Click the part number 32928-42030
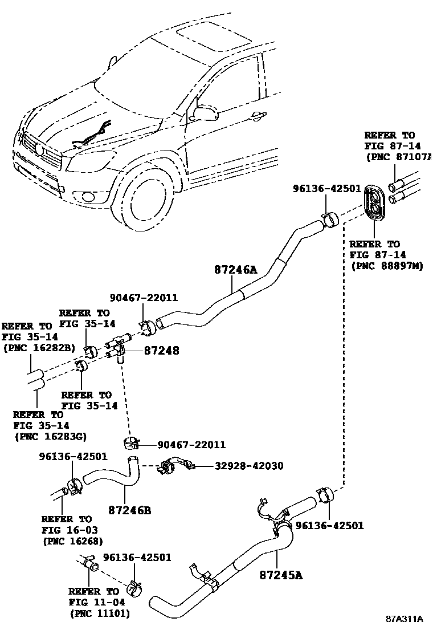[x=258, y=466]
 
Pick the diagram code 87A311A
[x=404, y=619]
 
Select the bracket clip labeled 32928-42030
[x=171, y=467]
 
